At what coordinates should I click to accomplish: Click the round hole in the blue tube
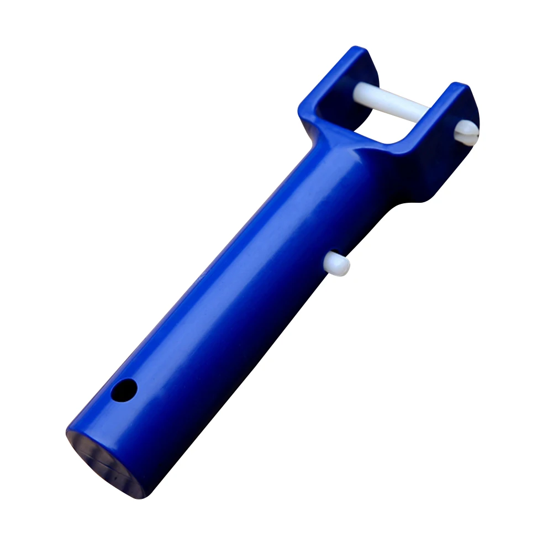pyautogui.click(x=124, y=391)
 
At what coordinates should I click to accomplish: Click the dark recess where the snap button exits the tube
pyautogui.click(x=329, y=259)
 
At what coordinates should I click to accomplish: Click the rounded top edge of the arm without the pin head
pyautogui.click(x=354, y=52)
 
